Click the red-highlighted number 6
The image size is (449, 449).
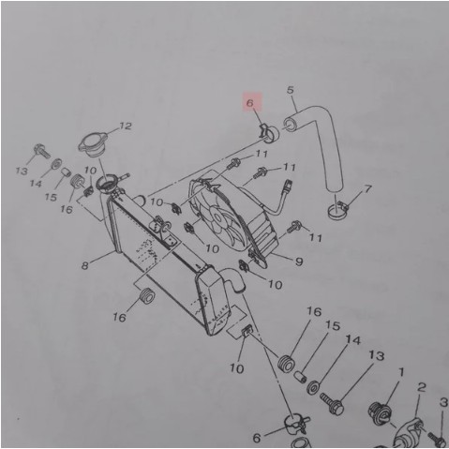tap(251, 103)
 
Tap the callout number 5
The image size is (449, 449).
tap(292, 91)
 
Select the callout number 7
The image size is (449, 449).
tap(367, 188)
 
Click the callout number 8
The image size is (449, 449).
tap(84, 266)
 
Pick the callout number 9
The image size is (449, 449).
tap(298, 261)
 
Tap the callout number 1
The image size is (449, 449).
tap(400, 372)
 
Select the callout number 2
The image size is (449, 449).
tap(422, 387)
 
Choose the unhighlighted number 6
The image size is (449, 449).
tap(256, 438)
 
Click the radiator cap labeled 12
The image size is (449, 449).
tap(94, 146)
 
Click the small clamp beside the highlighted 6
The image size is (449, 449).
tap(263, 129)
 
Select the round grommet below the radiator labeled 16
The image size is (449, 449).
tap(145, 298)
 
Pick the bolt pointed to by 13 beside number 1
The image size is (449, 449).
tap(333, 404)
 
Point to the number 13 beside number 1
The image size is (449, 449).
tap(376, 356)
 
